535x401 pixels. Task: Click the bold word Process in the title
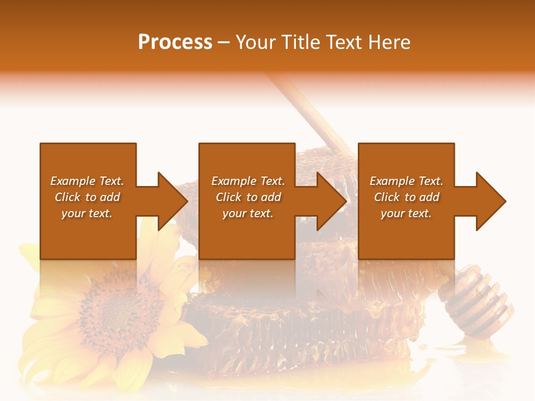coord(175,42)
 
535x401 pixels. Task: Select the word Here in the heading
coord(388,42)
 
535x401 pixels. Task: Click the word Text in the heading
coord(343,42)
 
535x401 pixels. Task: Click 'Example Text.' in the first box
coord(87,181)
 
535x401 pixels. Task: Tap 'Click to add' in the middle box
coord(248,197)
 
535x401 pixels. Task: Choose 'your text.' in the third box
coord(406,213)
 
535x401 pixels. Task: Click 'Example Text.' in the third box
coord(406,181)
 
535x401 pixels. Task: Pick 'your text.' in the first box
coord(87,213)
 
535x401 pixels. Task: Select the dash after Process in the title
coord(224,43)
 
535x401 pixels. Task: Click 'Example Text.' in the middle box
coord(248,181)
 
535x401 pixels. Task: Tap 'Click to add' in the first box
coord(87,197)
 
